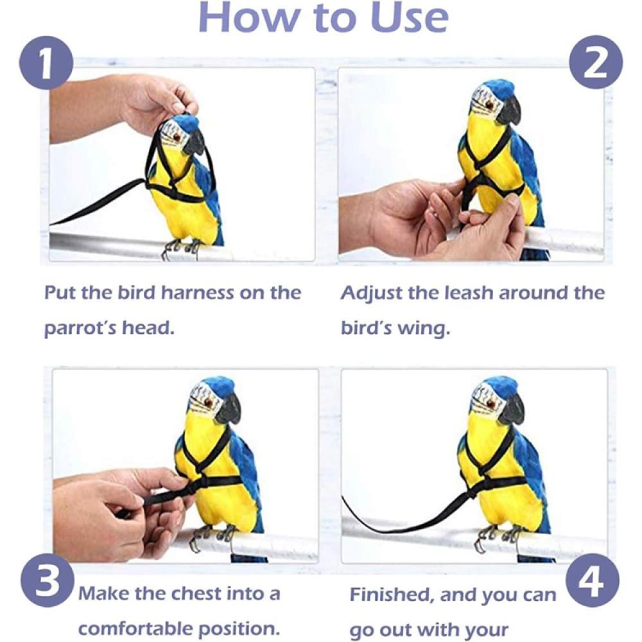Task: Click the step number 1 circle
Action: tap(46, 64)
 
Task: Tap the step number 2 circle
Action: tap(596, 64)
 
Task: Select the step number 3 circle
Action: tap(48, 581)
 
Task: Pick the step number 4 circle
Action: tap(593, 581)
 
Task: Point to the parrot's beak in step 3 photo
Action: tap(229, 408)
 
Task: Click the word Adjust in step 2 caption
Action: tap(370, 293)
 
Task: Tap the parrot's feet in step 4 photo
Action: tap(498, 536)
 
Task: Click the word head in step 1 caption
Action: tap(148, 328)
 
